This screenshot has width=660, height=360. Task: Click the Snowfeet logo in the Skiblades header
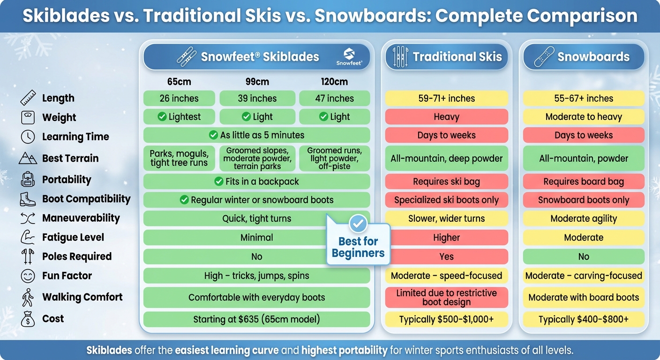click(349, 57)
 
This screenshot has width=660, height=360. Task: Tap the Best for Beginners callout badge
click(358, 244)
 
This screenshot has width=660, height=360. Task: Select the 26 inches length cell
click(179, 98)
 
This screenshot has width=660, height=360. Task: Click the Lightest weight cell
click(179, 117)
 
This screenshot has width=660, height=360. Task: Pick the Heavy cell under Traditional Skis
click(446, 117)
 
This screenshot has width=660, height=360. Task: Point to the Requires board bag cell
click(584, 181)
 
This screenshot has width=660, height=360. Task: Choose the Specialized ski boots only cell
click(446, 200)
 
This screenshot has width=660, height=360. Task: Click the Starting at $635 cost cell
click(256, 320)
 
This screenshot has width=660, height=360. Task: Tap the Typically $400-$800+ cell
click(584, 320)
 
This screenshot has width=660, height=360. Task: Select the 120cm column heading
click(334, 82)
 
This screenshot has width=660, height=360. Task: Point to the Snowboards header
click(583, 57)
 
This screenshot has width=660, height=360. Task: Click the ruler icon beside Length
click(28, 98)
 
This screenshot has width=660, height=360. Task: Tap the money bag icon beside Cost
click(28, 319)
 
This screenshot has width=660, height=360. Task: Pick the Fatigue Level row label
click(73, 237)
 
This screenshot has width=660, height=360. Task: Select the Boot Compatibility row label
click(86, 199)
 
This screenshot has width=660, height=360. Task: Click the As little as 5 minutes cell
click(256, 135)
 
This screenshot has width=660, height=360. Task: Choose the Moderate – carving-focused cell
click(584, 276)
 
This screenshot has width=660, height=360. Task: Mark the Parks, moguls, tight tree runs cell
click(179, 158)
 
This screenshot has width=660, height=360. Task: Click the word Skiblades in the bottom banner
click(109, 350)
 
